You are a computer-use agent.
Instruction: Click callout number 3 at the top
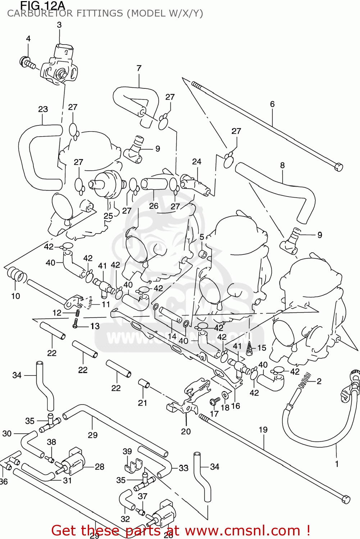point(59,25)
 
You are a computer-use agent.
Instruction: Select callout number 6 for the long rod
point(272,104)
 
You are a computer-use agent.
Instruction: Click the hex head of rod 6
point(338,167)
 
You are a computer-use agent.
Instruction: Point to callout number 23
point(43,109)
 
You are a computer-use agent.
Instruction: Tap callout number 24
point(197,162)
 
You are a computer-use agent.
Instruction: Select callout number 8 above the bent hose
point(282,165)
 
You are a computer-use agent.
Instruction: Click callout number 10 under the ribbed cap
point(15,296)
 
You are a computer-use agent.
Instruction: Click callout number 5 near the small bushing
point(202,237)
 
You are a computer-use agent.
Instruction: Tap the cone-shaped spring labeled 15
point(250,348)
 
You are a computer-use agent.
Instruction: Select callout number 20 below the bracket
point(186,431)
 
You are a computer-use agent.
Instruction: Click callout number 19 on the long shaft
point(263,430)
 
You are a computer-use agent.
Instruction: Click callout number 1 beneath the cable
point(337,464)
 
